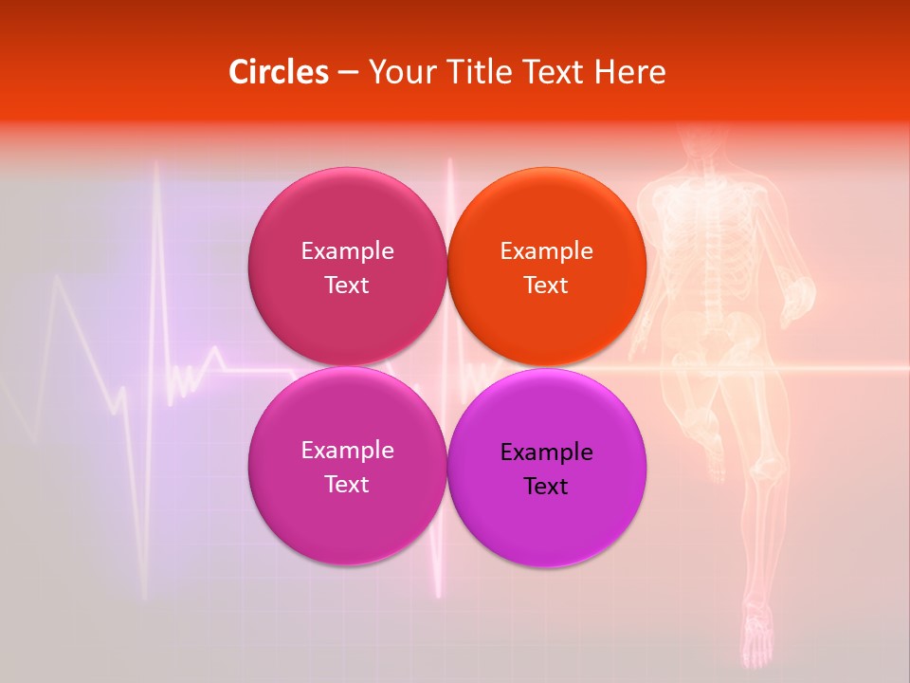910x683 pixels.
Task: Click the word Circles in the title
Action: [x=278, y=72]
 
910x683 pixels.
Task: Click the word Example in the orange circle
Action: [x=546, y=251]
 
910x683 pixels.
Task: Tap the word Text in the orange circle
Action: [x=546, y=286]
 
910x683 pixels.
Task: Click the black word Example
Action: [x=546, y=452]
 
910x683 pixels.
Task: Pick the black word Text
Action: [x=546, y=487]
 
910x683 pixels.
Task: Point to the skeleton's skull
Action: [x=701, y=142]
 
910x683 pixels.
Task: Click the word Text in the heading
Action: [x=552, y=72]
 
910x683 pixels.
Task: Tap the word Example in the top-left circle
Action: [x=347, y=251]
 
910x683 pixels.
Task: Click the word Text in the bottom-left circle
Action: [x=347, y=485]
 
